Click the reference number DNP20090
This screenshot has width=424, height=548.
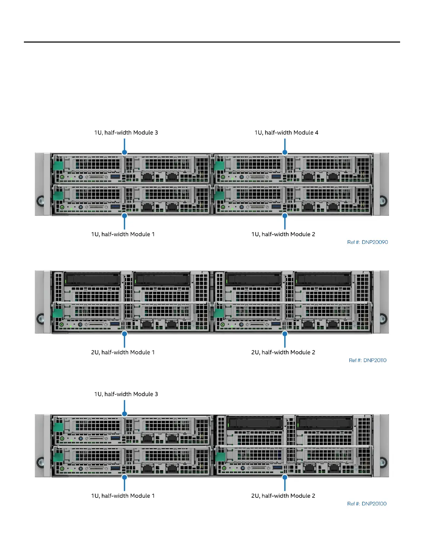pyautogui.click(x=368, y=242)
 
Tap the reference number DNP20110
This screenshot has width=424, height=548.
pyautogui.click(x=368, y=360)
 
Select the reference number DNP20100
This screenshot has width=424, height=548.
pyautogui.click(x=367, y=504)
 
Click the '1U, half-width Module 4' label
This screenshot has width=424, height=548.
pyautogui.click(x=286, y=133)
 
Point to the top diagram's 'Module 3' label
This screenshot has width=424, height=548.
pyautogui.click(x=126, y=133)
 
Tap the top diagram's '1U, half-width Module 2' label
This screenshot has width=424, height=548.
pyautogui.click(x=283, y=234)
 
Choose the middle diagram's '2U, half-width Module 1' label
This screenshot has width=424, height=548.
pyautogui.click(x=123, y=352)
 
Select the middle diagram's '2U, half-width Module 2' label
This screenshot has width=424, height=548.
pyautogui.click(x=283, y=352)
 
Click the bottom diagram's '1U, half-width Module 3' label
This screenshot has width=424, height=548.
pyautogui.click(x=126, y=394)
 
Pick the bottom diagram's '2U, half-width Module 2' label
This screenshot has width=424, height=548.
pyautogui.click(x=283, y=496)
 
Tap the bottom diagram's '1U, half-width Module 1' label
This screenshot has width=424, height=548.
pyautogui.click(x=123, y=496)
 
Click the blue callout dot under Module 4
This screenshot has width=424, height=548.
pyautogui.click(x=285, y=152)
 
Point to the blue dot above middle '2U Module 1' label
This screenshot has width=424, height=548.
pyautogui.click(x=124, y=334)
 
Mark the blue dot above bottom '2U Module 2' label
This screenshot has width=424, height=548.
pyautogui.click(x=285, y=477)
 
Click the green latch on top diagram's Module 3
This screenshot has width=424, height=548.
pyautogui.click(x=58, y=165)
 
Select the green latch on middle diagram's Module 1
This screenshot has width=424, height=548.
pyautogui.click(x=58, y=313)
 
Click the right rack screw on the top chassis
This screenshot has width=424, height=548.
pyautogui.click(x=383, y=200)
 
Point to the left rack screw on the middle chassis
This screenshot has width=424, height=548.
pyautogui.click(x=41, y=318)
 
